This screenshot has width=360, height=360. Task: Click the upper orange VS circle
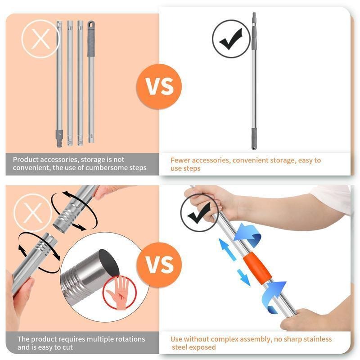161,86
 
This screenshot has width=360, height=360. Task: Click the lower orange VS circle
161,264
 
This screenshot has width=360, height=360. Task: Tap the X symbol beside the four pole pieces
40,39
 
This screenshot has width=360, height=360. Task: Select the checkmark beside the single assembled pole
230,39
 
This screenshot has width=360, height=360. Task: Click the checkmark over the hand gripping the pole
199,213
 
